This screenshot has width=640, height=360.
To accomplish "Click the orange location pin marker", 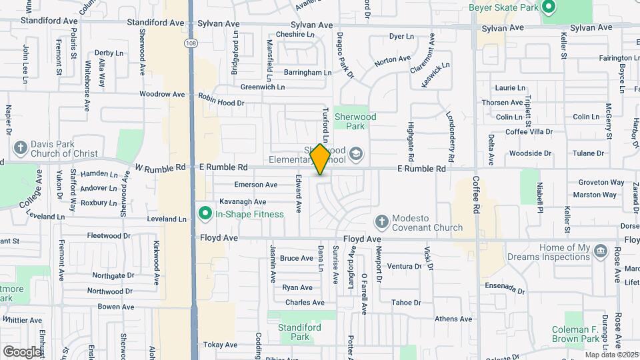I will point(320,159).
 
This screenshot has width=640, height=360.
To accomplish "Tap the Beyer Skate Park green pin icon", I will point(549,8).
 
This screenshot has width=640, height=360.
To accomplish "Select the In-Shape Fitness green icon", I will point(205,214).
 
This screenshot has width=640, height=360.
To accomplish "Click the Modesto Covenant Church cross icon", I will point(382,221).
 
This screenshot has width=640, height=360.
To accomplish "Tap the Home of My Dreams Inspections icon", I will point(601,251).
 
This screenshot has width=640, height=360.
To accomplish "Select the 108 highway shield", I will point(191,41).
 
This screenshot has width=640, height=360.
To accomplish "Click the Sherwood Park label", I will point(355,121).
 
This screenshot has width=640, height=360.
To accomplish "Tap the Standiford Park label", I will point(295,333).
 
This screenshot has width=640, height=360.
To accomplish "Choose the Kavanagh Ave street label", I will point(243,201).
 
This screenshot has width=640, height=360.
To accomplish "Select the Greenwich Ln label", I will point(263,87).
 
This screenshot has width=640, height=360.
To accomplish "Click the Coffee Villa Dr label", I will point(529,132).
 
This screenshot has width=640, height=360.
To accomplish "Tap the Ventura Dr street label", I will point(404,266).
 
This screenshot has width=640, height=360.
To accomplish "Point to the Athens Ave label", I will point(453,319).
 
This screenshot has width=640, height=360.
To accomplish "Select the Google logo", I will point(22,351).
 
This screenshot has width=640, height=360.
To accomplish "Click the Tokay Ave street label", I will point(220,345).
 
